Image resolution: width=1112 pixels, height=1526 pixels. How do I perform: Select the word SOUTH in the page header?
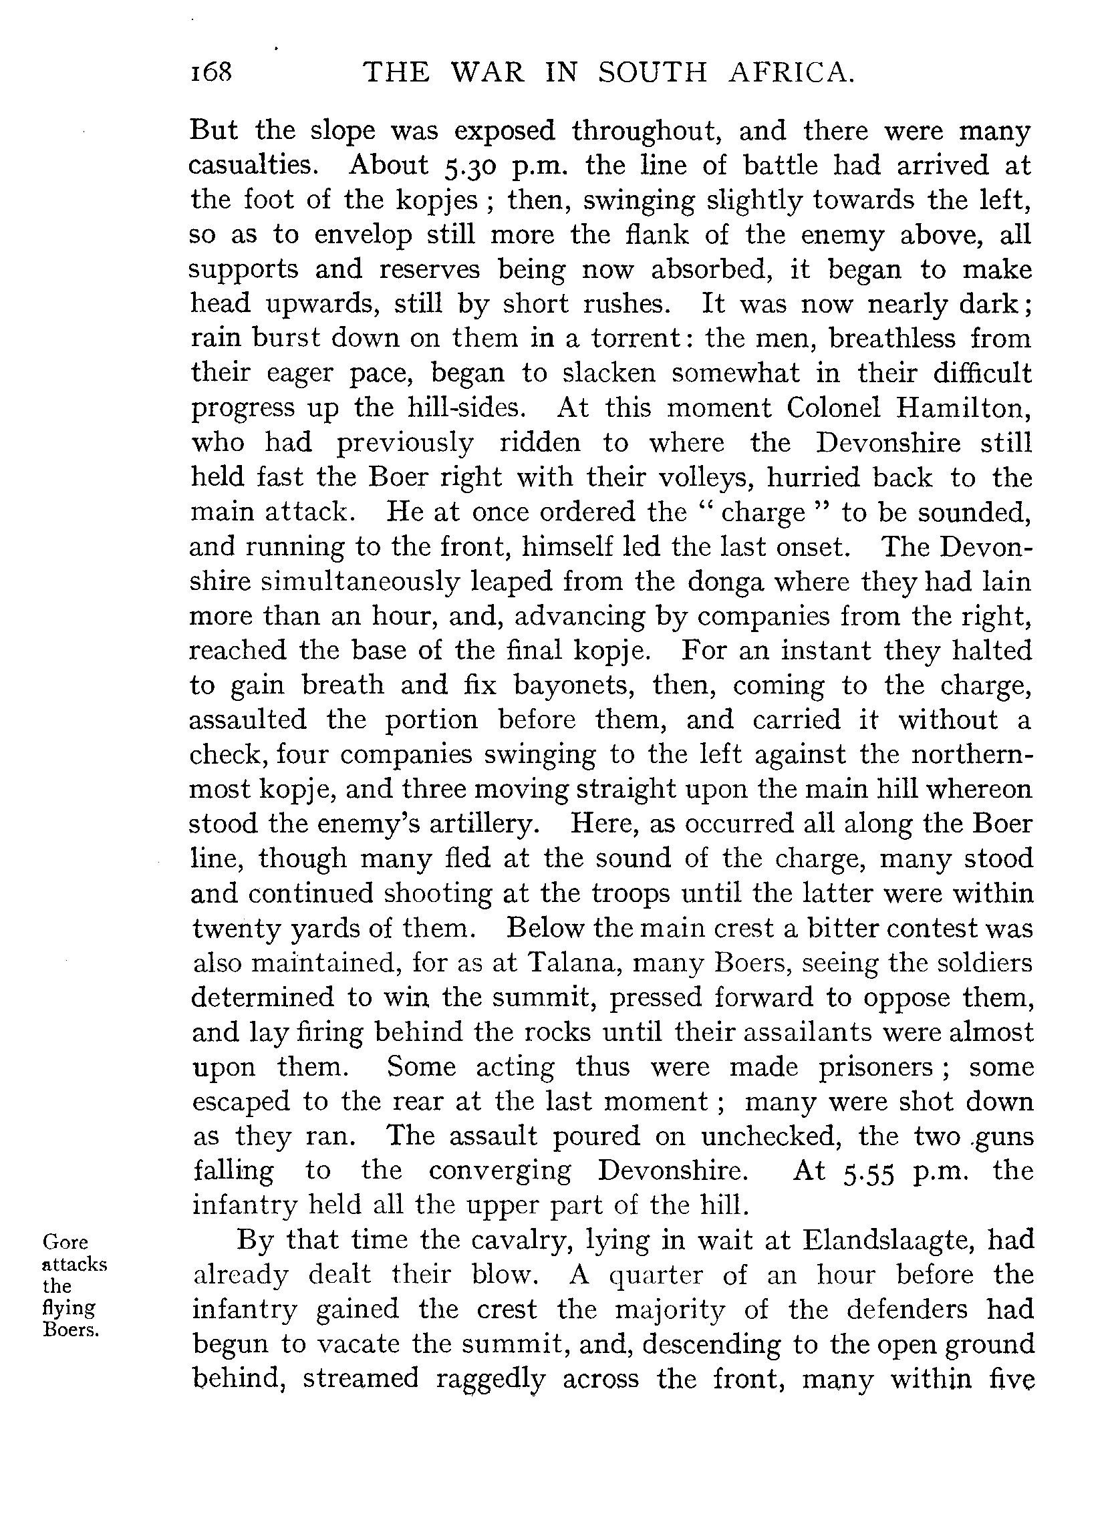pyautogui.click(x=652, y=72)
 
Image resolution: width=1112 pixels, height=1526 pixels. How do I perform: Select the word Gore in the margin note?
pyautogui.click(x=65, y=1241)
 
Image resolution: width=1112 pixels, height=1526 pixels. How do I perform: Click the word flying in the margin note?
pyautogui.click(x=69, y=1308)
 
